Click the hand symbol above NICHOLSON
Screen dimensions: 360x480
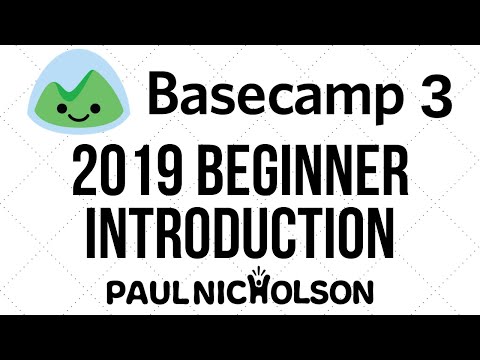pyautogui.click(x=288, y=273)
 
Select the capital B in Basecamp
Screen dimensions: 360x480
pyautogui.click(x=165, y=96)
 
